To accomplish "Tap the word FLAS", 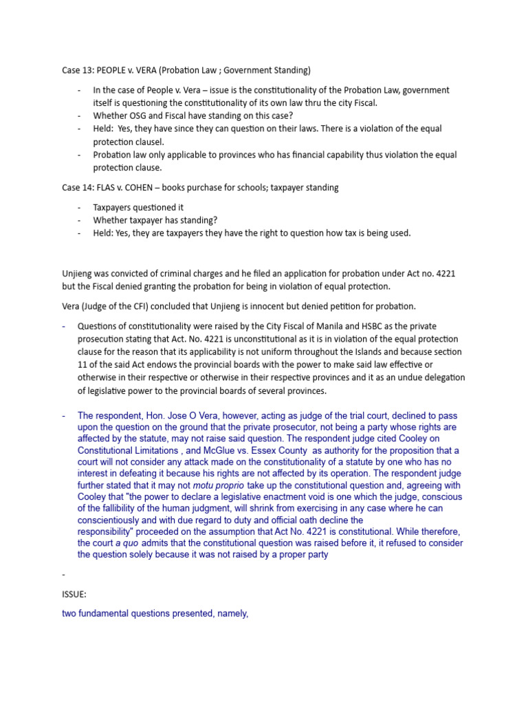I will tap(109, 187).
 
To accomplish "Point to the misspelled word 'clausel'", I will tap(147, 142).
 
